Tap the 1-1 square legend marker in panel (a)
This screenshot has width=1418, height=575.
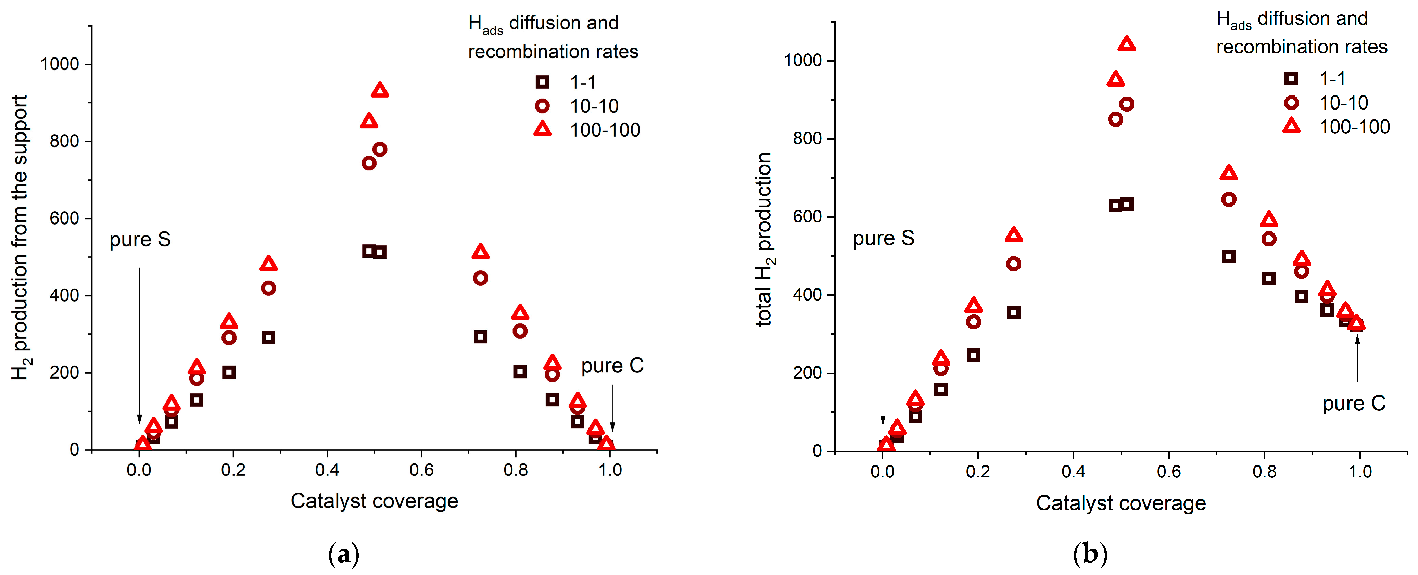tap(542, 82)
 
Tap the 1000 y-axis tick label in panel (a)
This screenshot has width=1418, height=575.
tap(60, 64)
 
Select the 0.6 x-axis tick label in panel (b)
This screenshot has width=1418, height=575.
tap(1169, 472)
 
